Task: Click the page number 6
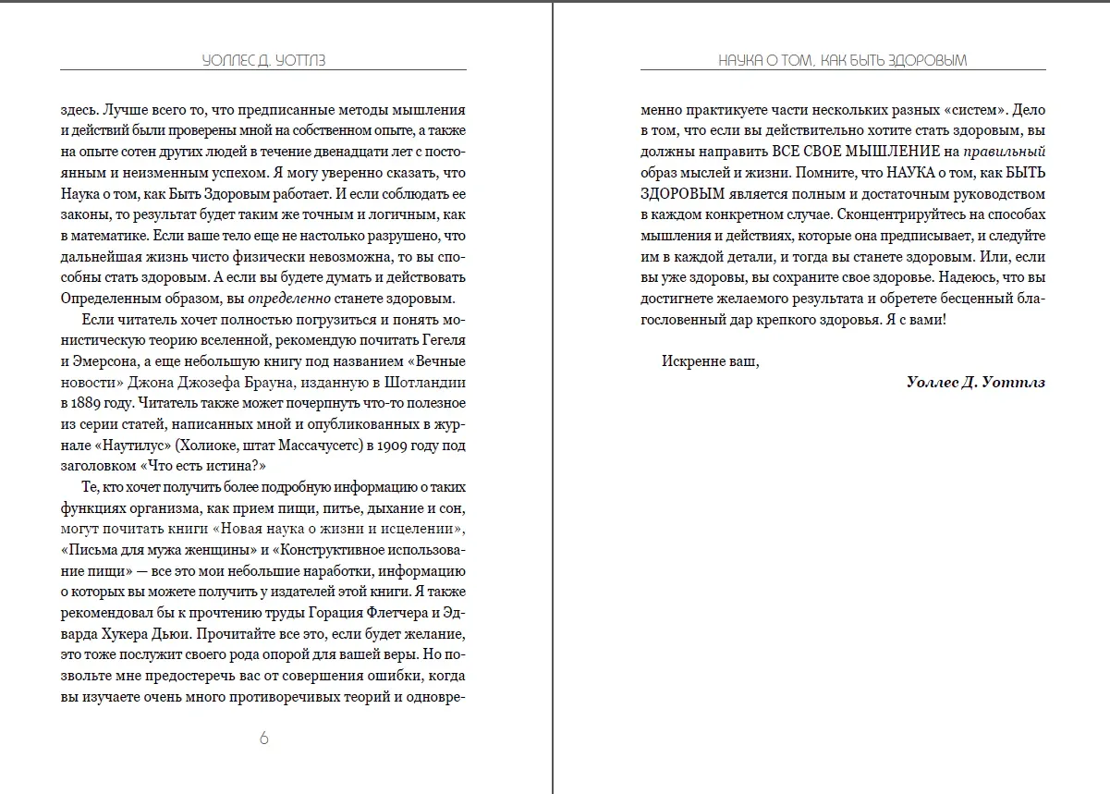[x=263, y=738]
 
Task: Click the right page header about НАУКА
[x=843, y=60]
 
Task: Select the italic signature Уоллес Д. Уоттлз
[x=976, y=382]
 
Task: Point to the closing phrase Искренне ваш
[x=710, y=361]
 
